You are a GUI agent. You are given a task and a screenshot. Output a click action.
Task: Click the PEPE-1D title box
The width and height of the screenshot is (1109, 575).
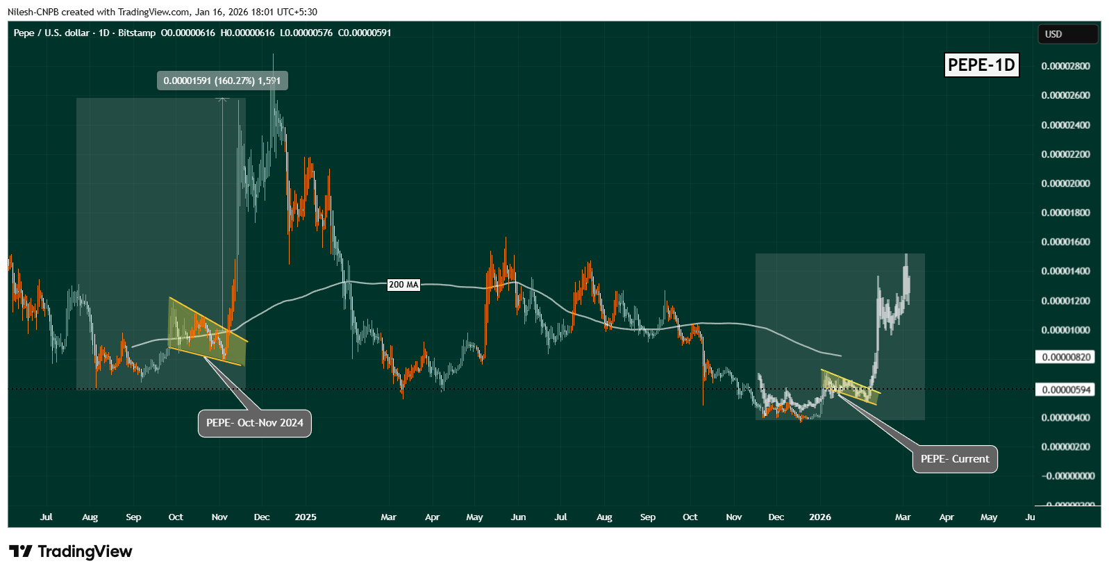(981, 65)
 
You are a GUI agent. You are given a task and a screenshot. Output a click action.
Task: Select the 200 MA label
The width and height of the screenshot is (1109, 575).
(403, 285)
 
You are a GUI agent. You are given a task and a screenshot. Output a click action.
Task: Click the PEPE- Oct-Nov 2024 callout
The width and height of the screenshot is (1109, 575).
(255, 423)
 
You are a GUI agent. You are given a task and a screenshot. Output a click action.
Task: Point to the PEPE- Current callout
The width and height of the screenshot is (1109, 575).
(955, 459)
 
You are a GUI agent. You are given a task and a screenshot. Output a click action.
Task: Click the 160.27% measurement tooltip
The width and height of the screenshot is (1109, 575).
(222, 81)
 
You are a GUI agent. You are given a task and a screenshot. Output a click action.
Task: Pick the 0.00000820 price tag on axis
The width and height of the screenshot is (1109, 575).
(1066, 357)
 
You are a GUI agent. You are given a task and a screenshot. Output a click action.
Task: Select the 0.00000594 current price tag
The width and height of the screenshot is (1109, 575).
(1066, 390)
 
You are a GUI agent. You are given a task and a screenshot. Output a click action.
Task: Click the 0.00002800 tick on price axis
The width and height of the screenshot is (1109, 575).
(1066, 66)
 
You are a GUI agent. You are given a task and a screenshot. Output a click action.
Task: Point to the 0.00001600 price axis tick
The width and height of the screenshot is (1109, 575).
(1066, 242)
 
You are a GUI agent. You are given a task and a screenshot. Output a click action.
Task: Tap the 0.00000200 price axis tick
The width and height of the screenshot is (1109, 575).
(1066, 447)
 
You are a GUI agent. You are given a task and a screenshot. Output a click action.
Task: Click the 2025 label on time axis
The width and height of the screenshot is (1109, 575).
(306, 517)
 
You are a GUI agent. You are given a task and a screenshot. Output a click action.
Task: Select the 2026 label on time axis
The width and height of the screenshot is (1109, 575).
(820, 517)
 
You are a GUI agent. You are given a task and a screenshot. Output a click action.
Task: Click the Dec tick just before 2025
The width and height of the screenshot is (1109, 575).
(262, 517)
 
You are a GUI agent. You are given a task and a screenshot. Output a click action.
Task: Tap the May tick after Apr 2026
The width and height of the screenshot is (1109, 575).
(989, 517)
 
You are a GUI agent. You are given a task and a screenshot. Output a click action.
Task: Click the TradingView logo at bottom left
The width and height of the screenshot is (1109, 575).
(70, 551)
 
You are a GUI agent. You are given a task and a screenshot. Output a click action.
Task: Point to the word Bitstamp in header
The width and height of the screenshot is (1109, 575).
(137, 33)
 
